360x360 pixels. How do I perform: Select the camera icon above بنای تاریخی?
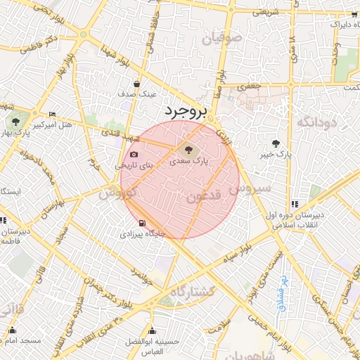point(134,155)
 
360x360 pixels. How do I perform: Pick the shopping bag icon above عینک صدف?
point(146,83)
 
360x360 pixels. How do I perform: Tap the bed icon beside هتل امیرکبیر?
point(53,115)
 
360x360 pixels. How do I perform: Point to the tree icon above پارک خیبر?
point(284,142)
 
